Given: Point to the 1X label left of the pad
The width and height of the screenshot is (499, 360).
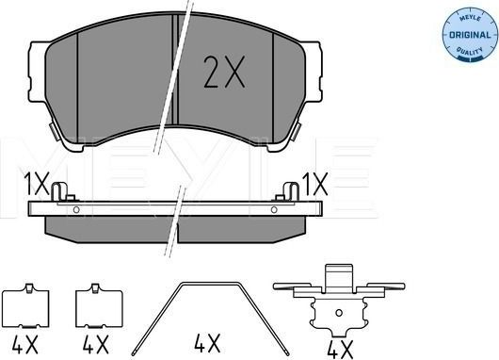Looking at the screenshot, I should click(35, 183).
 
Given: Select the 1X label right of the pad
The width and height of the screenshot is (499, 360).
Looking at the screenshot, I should click(315, 183).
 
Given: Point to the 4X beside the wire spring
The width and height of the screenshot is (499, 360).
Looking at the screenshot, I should click(206, 340).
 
